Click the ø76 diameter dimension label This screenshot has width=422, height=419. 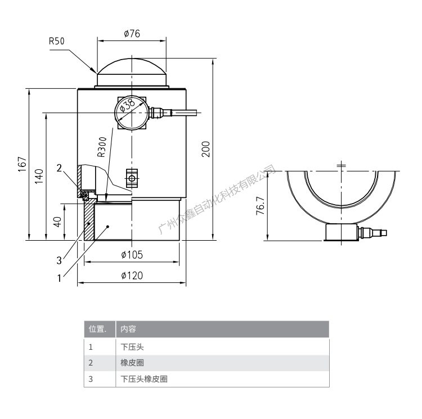coord(132,33)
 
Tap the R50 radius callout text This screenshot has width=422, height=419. coord(57,41)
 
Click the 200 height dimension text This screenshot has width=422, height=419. coord(206,149)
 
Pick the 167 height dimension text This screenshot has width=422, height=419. coord(21,164)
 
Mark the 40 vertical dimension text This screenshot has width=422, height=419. coord(57,222)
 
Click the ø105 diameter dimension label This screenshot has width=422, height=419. coord(132,255)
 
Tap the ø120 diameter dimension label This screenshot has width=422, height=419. coord(132,275)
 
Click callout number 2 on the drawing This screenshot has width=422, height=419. coord(59,168)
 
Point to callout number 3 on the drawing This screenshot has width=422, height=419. coord(59,260)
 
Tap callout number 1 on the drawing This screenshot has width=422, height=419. coord(59,277)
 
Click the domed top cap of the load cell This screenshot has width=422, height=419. coord(132,68)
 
